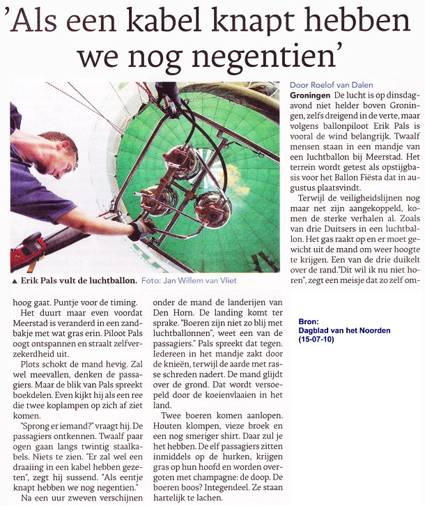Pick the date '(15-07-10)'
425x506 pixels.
tap(320, 342)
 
